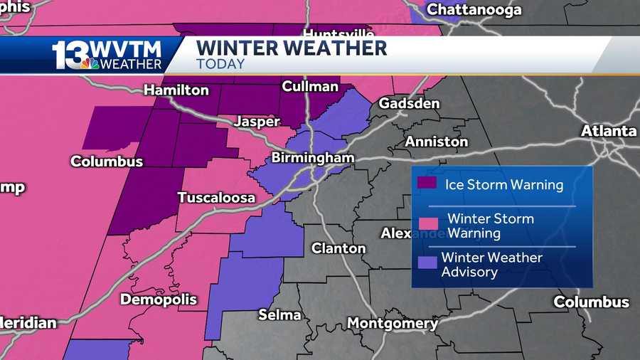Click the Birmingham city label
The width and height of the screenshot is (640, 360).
(x=312, y=157)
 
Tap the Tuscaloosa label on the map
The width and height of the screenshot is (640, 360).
(x=216, y=197)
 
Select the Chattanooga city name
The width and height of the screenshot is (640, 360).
(x=474, y=9)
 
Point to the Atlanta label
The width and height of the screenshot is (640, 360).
(x=609, y=131)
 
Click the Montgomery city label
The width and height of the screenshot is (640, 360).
(x=393, y=324)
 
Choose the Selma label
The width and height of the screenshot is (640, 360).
(x=279, y=314)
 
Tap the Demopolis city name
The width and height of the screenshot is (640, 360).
(x=158, y=300)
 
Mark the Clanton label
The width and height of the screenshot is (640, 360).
(x=339, y=248)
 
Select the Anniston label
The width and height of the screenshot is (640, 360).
(x=437, y=142)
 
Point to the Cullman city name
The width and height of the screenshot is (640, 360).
(x=309, y=86)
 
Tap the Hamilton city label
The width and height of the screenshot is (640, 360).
(x=176, y=90)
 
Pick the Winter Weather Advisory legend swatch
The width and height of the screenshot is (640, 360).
(x=427, y=262)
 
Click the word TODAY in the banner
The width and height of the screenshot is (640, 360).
(x=220, y=64)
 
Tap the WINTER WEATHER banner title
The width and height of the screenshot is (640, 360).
(x=292, y=48)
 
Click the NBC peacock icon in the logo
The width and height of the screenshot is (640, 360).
(x=90, y=64)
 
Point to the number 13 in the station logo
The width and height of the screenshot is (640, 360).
(x=70, y=55)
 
